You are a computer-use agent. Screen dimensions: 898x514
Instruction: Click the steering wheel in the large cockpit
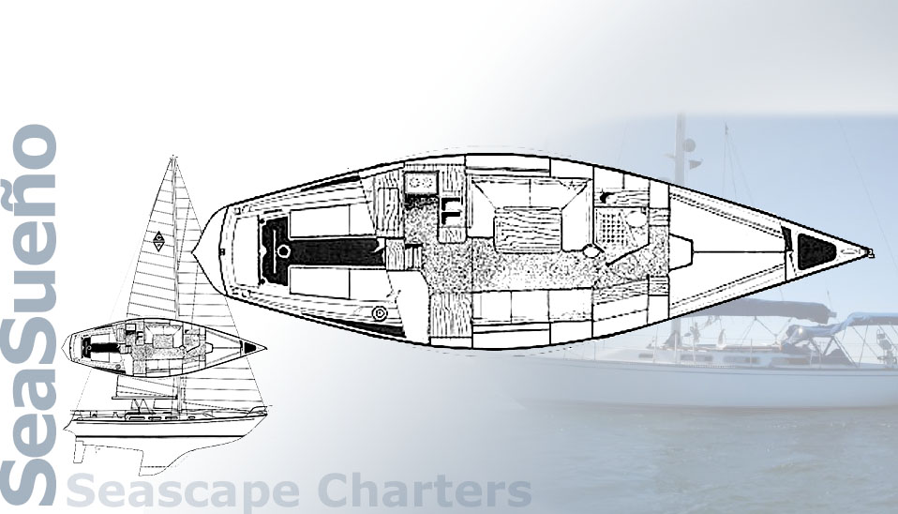click(283, 250)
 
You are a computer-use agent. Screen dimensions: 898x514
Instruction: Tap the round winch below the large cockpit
click(380, 312)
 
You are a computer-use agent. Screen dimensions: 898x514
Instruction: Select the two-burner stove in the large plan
click(417, 181)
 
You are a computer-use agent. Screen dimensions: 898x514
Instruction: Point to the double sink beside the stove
click(451, 207)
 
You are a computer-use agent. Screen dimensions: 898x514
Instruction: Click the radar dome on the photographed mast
click(688, 146)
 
